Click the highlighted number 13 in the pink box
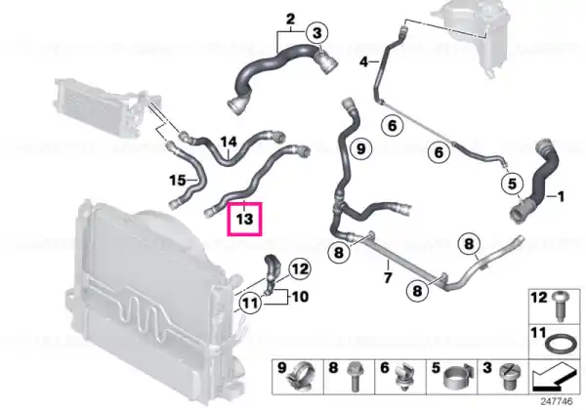coord(244,219)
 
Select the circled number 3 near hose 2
coord(316,33)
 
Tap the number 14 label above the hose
coord(229,142)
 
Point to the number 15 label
coord(178,181)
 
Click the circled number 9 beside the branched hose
coord(360,148)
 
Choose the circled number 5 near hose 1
coord(512,184)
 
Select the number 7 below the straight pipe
coord(388,277)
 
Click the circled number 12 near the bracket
coord(300,268)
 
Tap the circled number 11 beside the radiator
coord(250,302)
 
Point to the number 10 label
coord(300,297)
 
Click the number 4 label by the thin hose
coord(364,61)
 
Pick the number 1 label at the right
coord(561,196)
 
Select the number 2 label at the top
coord(290,19)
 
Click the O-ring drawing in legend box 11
coord(558,344)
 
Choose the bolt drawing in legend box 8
coord(354,377)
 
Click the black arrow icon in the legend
coord(554,377)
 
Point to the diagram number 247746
coord(557,402)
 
